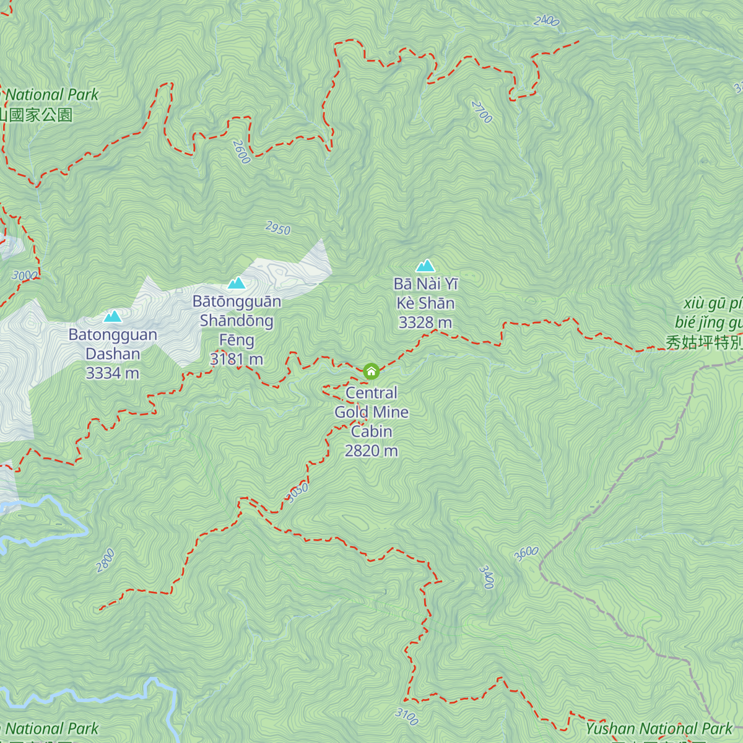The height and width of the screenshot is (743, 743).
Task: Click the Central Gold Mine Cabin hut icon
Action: (371, 371)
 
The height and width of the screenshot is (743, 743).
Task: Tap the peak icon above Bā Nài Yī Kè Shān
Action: (425, 266)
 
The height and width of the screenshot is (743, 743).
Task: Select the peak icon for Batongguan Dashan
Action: (113, 316)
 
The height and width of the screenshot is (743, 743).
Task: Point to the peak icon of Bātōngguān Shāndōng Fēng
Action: (237, 283)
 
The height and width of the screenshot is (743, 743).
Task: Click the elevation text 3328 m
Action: (425, 323)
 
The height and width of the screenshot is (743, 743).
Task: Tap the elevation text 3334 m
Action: (112, 373)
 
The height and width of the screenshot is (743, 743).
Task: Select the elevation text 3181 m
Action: (237, 359)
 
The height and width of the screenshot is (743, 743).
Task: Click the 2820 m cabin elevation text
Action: (371, 451)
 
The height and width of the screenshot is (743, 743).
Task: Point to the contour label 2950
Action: (278, 228)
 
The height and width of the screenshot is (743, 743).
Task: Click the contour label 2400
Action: (546, 20)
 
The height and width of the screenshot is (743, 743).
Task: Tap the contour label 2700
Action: (482, 112)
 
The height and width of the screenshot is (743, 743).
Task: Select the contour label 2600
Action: (241, 152)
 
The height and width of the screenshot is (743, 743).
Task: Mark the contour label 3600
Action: (526, 554)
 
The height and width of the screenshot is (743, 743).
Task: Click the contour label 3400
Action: (487, 577)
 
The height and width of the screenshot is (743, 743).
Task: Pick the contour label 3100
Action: (407, 716)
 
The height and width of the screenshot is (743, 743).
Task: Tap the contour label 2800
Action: (106, 560)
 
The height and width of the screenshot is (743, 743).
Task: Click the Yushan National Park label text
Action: (659, 729)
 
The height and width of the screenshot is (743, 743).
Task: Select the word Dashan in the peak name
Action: (113, 354)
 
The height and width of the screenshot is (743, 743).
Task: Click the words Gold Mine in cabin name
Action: (371, 412)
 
